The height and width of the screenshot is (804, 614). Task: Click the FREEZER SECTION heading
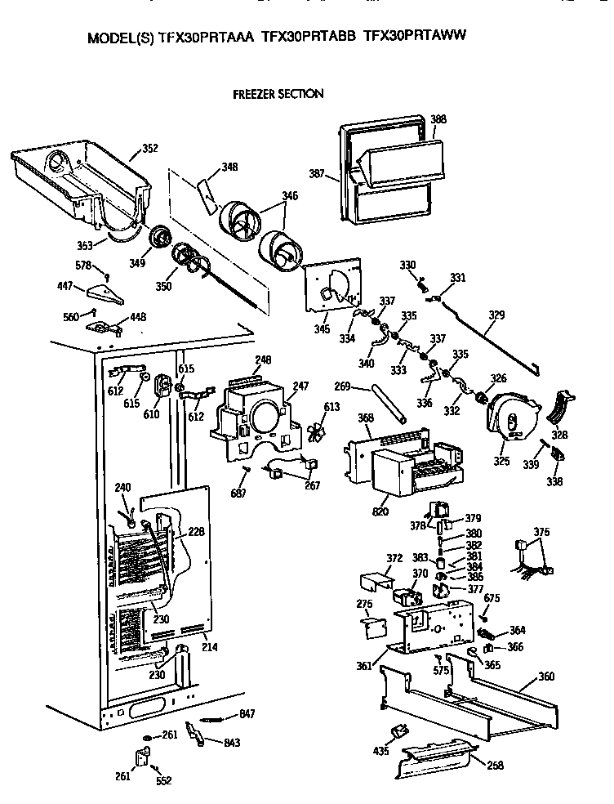click(278, 94)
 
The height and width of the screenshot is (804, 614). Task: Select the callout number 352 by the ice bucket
click(149, 148)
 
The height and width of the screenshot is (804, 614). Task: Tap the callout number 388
click(438, 119)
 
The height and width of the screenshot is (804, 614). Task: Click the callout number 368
click(365, 418)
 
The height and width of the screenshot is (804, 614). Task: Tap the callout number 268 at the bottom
click(495, 765)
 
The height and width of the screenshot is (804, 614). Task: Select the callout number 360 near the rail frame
click(546, 677)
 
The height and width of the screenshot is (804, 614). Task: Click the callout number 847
click(247, 714)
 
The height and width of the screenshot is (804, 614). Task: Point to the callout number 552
click(164, 780)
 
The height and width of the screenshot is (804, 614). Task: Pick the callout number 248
click(262, 360)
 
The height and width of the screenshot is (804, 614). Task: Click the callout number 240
click(122, 488)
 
